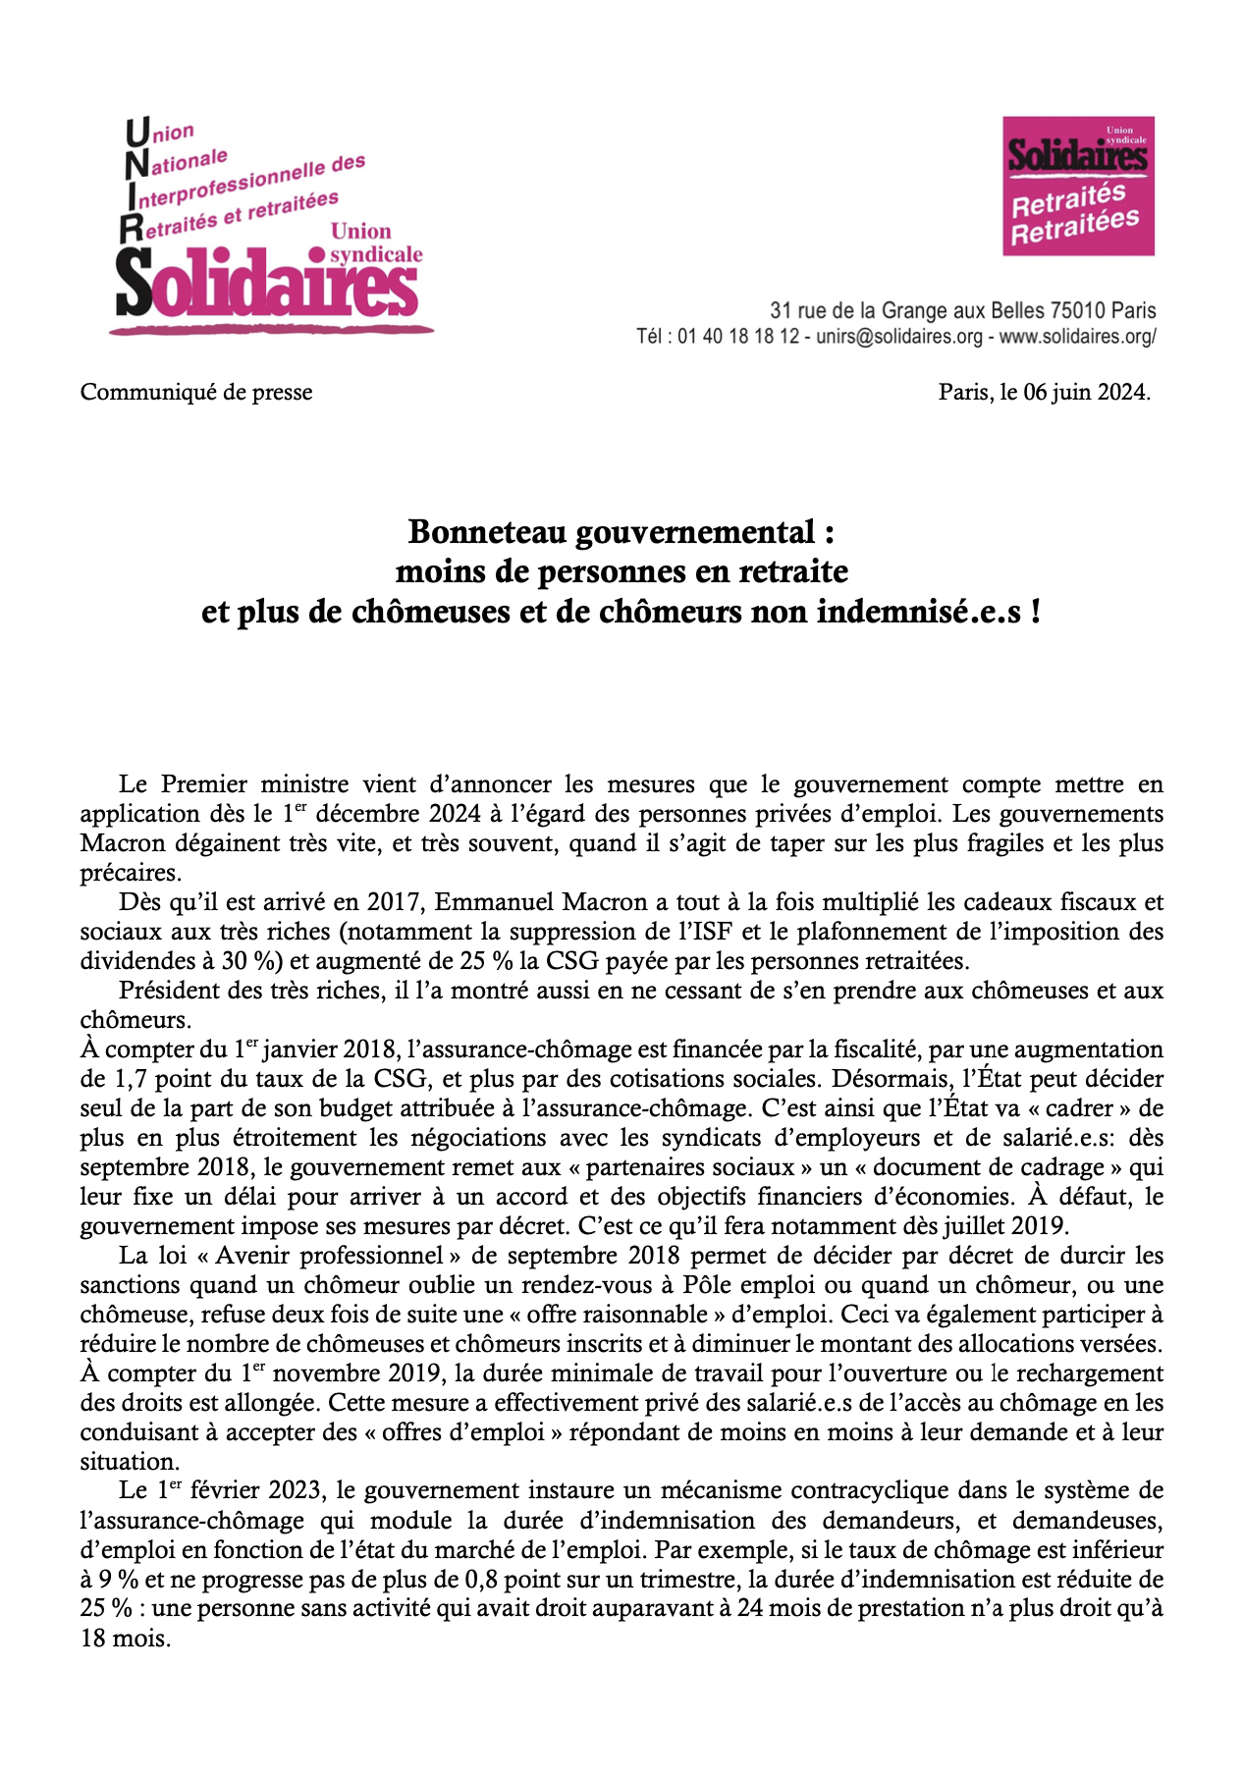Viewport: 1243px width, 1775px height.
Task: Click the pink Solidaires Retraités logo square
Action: pos(1077,186)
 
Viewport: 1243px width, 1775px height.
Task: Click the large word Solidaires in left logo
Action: pos(266,284)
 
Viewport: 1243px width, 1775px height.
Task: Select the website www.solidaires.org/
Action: pos(1077,337)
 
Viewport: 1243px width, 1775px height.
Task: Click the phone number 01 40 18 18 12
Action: pos(738,337)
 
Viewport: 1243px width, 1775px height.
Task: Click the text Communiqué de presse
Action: pos(196,392)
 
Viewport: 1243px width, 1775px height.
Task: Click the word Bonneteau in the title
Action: pos(488,531)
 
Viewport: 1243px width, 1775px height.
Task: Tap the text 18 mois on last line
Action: pos(125,1638)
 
